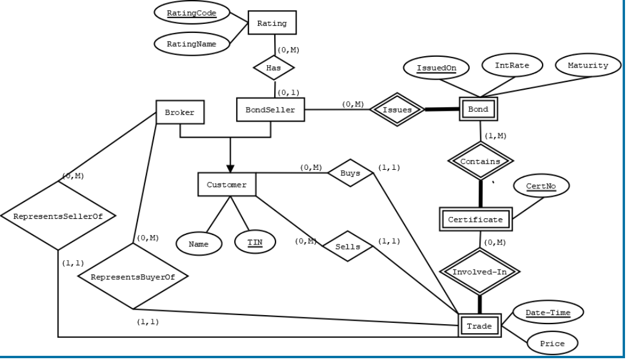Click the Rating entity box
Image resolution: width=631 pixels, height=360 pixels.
(272, 23)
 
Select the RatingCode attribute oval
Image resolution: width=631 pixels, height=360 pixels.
(191, 13)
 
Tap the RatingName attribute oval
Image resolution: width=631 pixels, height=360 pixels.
(191, 44)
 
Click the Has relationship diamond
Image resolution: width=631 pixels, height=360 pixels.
(274, 68)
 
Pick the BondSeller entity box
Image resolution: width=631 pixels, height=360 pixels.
(270, 110)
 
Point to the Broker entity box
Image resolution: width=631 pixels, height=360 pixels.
(180, 112)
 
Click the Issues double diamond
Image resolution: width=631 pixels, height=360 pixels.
(397, 110)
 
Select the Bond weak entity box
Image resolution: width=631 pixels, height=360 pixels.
(478, 110)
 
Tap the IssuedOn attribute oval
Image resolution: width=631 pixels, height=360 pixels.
(436, 68)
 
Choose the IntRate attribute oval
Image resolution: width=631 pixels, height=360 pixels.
(512, 65)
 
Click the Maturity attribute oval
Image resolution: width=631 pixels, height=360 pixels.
(587, 65)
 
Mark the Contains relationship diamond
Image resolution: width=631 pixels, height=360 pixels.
(480, 161)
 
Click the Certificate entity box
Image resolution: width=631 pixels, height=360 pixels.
(476, 219)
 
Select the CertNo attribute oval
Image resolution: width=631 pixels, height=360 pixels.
(540, 187)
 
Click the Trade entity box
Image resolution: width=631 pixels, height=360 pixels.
(479, 326)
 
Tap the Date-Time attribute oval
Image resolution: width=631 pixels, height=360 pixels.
(547, 312)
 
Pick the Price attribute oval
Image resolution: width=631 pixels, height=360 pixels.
(552, 344)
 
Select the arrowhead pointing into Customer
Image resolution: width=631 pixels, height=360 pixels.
(230, 169)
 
